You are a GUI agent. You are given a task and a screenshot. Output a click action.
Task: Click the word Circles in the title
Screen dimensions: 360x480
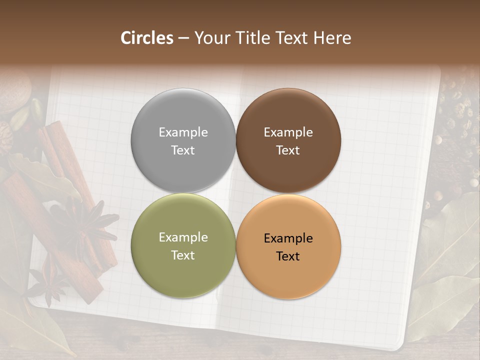[x=147, y=38]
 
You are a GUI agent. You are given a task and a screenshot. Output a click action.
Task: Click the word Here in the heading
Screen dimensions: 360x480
[x=333, y=38]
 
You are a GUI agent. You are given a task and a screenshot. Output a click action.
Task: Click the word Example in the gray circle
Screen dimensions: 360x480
[x=183, y=132]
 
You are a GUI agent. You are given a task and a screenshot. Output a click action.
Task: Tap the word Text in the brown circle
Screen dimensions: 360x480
[x=288, y=150]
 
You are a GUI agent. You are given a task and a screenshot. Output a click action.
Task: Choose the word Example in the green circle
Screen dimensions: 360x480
[x=183, y=237]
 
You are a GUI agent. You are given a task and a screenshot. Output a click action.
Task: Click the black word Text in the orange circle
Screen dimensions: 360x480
[x=288, y=256]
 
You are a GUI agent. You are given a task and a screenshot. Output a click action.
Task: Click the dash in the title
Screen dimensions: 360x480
[x=183, y=38]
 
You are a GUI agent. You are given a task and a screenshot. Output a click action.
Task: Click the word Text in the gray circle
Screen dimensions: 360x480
[x=183, y=150]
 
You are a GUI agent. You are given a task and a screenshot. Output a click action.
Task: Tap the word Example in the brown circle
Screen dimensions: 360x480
[x=288, y=132]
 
